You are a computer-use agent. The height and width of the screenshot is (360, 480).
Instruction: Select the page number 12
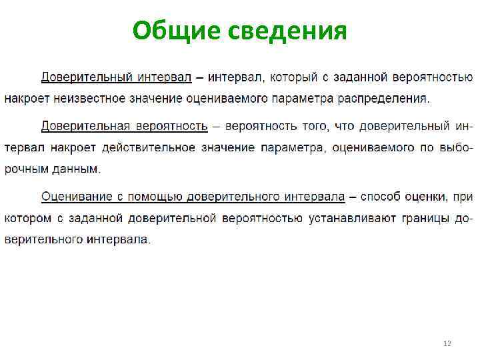(447, 343)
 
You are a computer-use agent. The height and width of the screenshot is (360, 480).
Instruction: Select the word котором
(27, 218)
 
